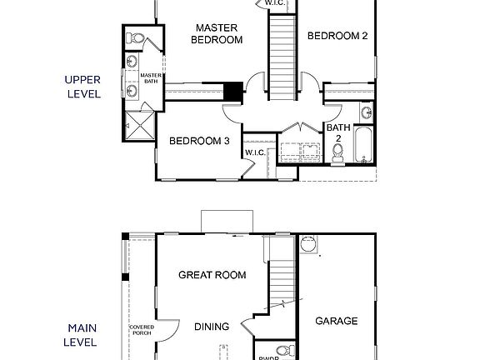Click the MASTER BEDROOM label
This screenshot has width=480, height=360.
point(217,32)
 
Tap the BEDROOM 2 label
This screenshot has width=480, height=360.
point(337,35)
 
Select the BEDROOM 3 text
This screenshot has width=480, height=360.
point(199,141)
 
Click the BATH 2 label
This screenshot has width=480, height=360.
point(337,133)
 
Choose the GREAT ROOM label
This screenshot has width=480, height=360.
point(212,275)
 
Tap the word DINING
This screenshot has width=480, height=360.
point(212,327)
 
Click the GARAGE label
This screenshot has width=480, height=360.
point(337,321)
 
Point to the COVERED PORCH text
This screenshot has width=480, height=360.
point(141,330)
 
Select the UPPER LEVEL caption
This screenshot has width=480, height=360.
point(82,87)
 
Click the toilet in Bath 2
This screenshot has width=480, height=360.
point(338,152)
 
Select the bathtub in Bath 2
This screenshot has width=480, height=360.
point(363,145)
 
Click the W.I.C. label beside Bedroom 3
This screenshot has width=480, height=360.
point(254,152)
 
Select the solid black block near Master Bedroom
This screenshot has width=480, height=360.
point(232,90)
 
